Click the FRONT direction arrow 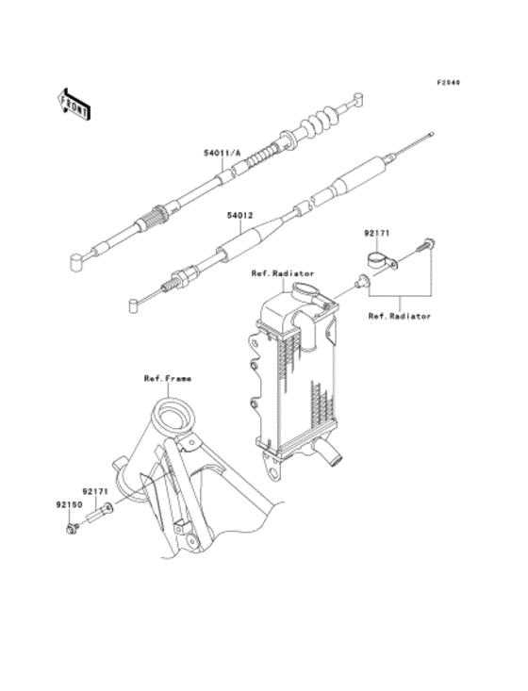click(x=74, y=104)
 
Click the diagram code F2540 click(x=448, y=82)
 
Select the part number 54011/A click(x=223, y=153)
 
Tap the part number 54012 click(x=239, y=216)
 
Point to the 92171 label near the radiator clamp click(x=376, y=234)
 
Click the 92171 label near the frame click(x=95, y=491)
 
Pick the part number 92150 click(x=69, y=505)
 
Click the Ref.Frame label click(x=168, y=379)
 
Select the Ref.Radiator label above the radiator click(x=283, y=273)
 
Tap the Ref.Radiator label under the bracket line click(x=400, y=316)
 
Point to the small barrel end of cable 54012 click(x=134, y=305)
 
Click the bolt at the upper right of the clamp click(x=424, y=245)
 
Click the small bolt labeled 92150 click(x=72, y=528)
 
